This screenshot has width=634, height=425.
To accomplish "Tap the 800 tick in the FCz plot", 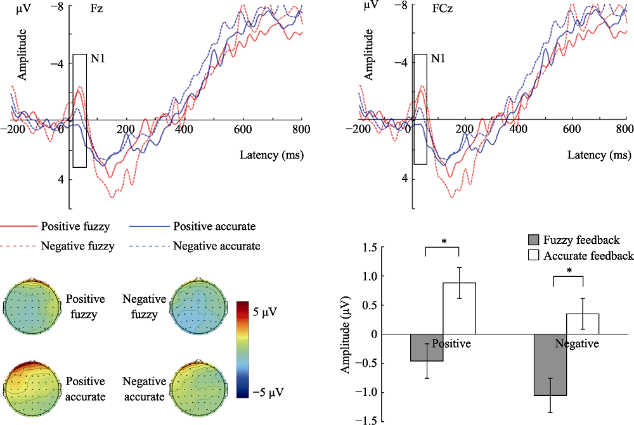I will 624,129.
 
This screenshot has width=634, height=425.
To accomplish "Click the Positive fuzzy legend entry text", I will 74,226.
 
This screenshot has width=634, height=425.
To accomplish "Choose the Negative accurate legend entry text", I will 216,246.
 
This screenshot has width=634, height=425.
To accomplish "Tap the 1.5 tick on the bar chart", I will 368,248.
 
